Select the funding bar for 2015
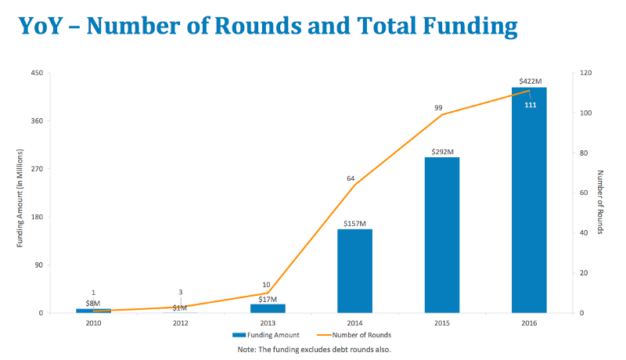point(442,235)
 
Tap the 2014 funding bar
point(354,271)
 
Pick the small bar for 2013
point(268,308)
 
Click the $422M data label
point(530,81)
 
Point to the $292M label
point(442,151)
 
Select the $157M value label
point(354,223)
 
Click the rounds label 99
point(441,108)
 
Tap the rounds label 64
point(351,178)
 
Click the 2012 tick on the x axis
point(180,322)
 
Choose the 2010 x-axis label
point(93,322)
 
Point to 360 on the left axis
point(37,121)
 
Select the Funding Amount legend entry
point(270,335)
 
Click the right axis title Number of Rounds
point(601,203)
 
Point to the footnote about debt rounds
point(314,349)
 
